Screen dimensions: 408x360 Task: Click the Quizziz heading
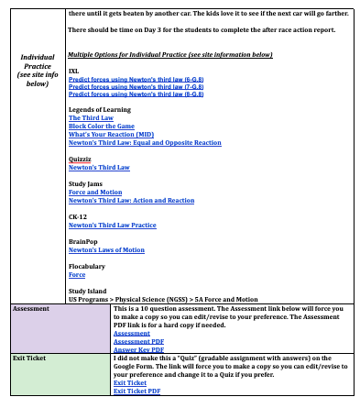[82, 160]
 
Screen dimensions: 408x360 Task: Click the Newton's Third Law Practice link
[113, 226]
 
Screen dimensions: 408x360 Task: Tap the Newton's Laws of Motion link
[106, 250]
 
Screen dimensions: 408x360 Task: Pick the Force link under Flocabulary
[77, 275]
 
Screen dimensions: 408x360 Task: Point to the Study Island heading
[89, 292]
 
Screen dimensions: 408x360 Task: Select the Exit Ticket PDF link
[136, 391]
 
